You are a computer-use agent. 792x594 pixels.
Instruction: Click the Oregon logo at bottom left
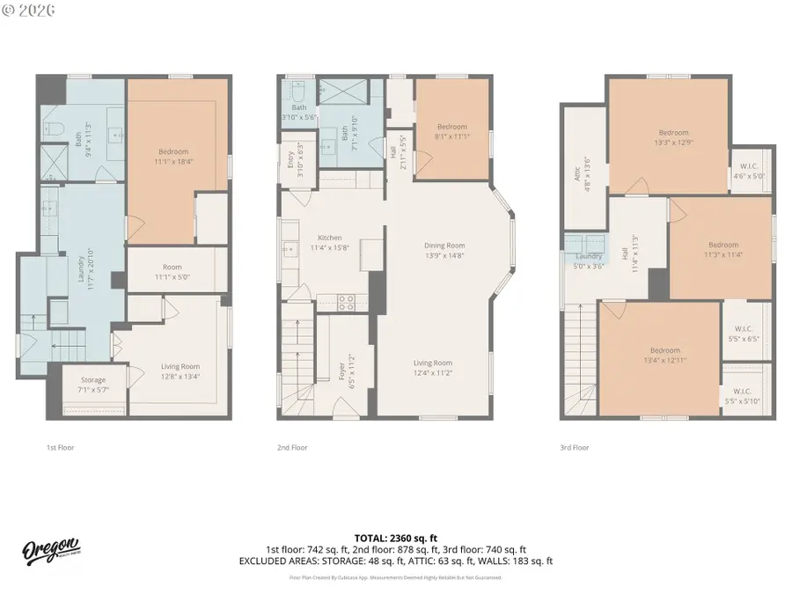[52, 550]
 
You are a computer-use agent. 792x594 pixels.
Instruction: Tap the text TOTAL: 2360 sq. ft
[395, 538]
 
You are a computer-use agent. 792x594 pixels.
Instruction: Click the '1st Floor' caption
[60, 448]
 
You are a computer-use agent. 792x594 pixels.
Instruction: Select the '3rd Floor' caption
[575, 448]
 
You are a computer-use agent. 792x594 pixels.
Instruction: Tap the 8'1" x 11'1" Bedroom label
[451, 131]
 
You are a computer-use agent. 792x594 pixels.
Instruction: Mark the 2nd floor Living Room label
[433, 367]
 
